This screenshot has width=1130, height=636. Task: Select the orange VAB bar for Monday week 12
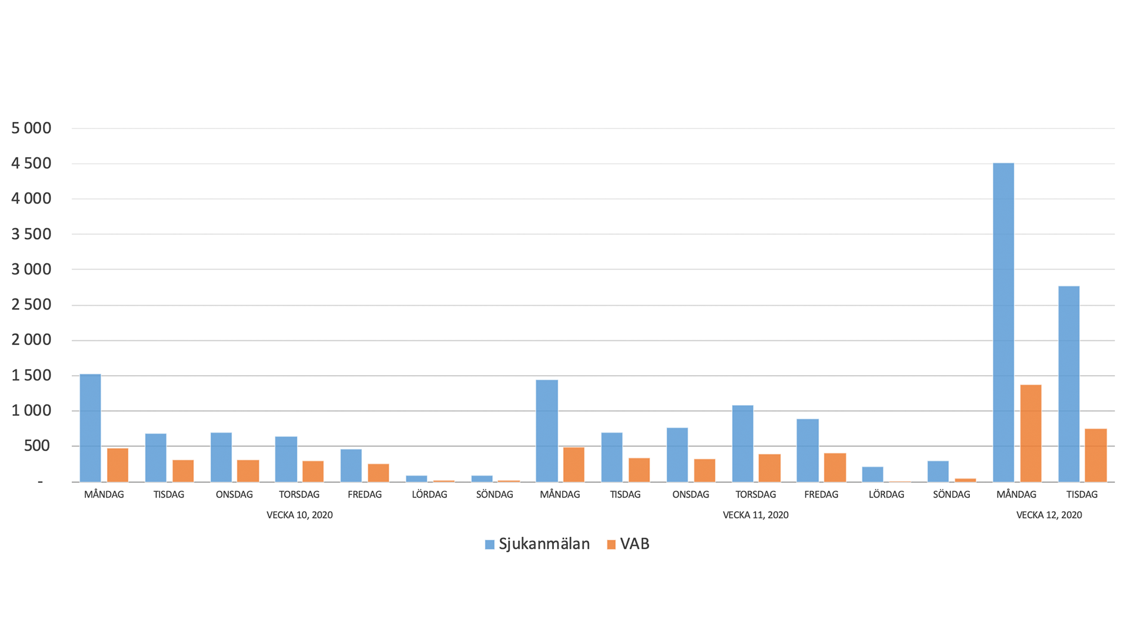(x=1031, y=433)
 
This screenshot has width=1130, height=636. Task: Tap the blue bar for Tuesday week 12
(x=1069, y=384)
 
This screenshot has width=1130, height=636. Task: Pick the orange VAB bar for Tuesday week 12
(x=1096, y=455)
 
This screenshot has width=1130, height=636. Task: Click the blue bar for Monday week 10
(x=90, y=428)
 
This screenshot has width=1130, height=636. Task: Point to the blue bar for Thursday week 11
(x=743, y=443)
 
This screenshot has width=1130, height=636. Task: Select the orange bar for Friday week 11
(x=835, y=468)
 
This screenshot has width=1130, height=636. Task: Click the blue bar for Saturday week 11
(x=873, y=475)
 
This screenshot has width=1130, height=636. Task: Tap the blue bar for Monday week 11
(x=547, y=431)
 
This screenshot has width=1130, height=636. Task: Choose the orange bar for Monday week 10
(x=118, y=465)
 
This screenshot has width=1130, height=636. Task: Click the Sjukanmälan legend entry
(x=537, y=544)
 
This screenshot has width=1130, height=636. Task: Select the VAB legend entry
(x=629, y=544)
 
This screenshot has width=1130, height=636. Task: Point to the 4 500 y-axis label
(x=31, y=163)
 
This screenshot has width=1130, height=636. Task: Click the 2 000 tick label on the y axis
(x=31, y=340)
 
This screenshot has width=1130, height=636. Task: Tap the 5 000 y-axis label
(x=31, y=128)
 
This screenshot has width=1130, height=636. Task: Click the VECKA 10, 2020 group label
(x=300, y=515)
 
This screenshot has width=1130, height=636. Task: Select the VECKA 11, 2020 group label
(x=756, y=515)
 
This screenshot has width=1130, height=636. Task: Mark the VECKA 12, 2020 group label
(x=1049, y=515)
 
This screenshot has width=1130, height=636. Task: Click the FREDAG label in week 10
(x=365, y=495)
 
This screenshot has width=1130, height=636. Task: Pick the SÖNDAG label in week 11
(x=952, y=495)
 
